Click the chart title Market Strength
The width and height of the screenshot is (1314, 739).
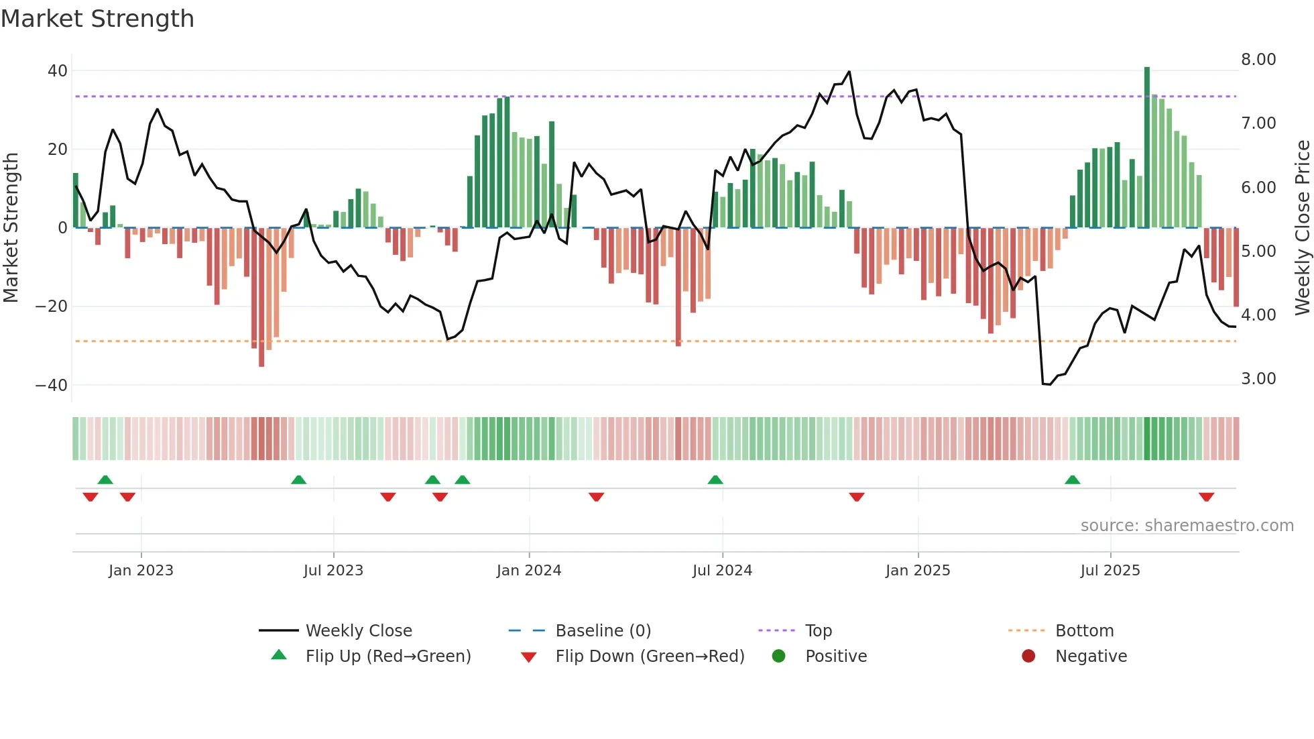(97, 19)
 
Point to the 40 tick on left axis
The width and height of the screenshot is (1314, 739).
(58, 71)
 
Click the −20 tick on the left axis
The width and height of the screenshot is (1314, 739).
(52, 306)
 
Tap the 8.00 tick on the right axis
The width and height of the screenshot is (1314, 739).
(1258, 60)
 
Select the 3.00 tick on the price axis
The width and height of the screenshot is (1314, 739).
(1258, 379)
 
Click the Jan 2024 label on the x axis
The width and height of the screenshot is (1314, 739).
(529, 571)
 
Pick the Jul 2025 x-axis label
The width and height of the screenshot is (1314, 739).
(1110, 571)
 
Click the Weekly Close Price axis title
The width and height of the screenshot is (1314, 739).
(1302, 228)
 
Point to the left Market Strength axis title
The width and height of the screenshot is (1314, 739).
(11, 228)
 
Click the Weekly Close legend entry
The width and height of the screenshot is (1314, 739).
(359, 631)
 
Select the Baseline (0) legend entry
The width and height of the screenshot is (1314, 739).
(603, 631)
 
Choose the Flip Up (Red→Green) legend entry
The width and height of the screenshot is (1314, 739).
(388, 657)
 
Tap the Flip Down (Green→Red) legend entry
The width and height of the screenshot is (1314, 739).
(650, 657)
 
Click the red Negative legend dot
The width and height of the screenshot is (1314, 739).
(1028, 656)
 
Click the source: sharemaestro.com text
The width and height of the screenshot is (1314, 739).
(1187, 526)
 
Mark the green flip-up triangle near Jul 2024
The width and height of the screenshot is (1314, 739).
(715, 480)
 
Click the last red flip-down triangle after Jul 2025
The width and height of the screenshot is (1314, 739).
(1207, 497)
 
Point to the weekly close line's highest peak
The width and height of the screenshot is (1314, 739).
(849, 71)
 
